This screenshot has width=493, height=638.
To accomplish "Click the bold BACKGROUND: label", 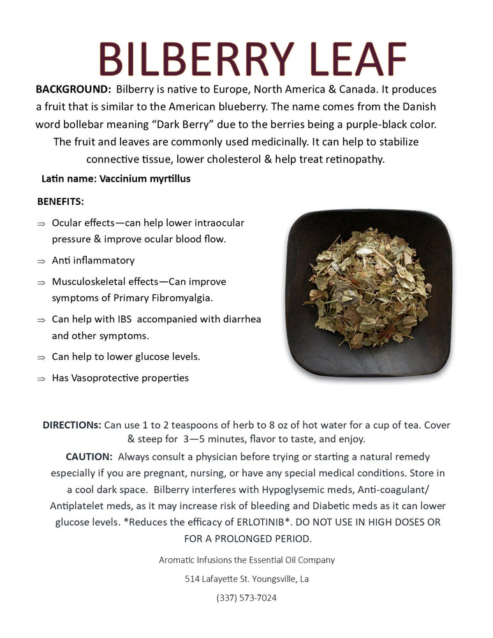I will pyautogui.click(x=73, y=89).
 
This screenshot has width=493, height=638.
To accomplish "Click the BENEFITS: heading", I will pyautogui.click(x=61, y=202).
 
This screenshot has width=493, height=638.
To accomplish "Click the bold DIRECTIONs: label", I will pyautogui.click(x=71, y=425).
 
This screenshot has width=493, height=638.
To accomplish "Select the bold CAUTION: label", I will pyautogui.click(x=89, y=457).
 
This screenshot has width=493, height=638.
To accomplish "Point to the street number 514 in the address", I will pyautogui.click(x=193, y=579).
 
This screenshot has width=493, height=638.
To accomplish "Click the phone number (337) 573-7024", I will pyautogui.click(x=246, y=598).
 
